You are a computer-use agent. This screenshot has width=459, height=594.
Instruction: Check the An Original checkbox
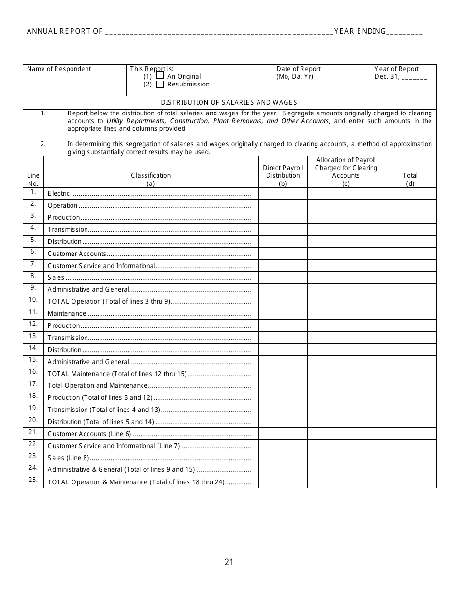pos(160,76)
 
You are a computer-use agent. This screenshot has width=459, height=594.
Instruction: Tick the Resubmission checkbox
pos(160,84)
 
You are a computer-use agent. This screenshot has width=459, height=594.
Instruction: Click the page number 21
pos(229,562)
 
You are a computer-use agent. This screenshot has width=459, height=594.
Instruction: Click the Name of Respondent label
pos(59,69)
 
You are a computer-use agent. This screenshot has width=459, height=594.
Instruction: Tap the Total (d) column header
pos(410,179)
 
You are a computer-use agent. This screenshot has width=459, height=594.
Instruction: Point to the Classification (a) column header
pos(151,179)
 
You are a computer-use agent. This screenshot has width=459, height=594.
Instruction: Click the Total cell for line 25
pos(410,482)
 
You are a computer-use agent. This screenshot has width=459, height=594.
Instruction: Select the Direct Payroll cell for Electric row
pos(283,193)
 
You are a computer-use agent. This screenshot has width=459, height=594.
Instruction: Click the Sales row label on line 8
pos(56,278)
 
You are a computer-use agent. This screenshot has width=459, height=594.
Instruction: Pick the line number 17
pos(33,384)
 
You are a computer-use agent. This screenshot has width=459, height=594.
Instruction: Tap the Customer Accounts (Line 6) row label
pos(89,434)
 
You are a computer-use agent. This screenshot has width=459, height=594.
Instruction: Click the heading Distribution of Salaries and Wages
pos(229,102)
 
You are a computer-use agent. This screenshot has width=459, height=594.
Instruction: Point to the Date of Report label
pos(299,69)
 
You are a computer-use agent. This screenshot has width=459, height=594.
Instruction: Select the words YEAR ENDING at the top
pos(360,31)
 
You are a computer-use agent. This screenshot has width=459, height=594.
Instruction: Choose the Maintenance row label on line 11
pos(67,314)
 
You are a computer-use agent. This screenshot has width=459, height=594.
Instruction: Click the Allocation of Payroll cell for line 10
pos(346,302)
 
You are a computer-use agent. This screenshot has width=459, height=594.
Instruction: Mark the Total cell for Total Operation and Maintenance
pos(410,386)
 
